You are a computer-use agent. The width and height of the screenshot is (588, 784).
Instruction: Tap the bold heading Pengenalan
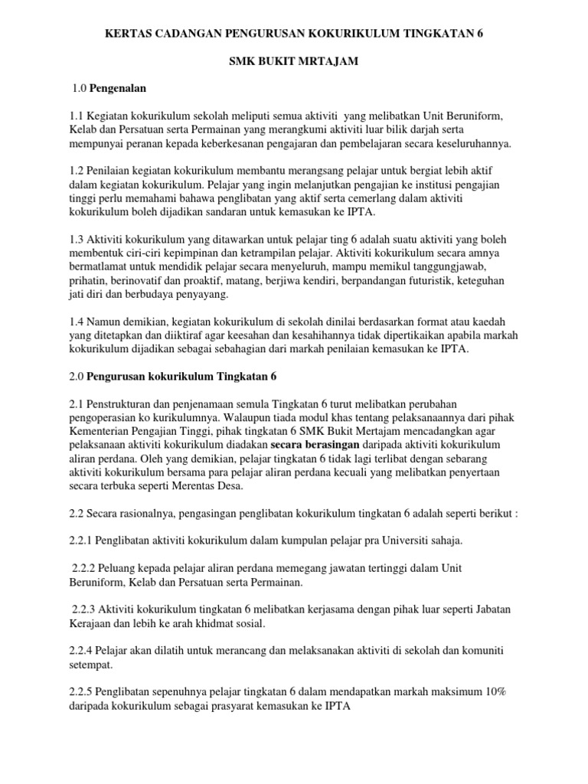click(118, 88)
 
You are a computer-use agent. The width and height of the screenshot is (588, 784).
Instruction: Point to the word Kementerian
click(100, 430)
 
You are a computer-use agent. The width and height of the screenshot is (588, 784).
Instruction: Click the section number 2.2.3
click(86, 609)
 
